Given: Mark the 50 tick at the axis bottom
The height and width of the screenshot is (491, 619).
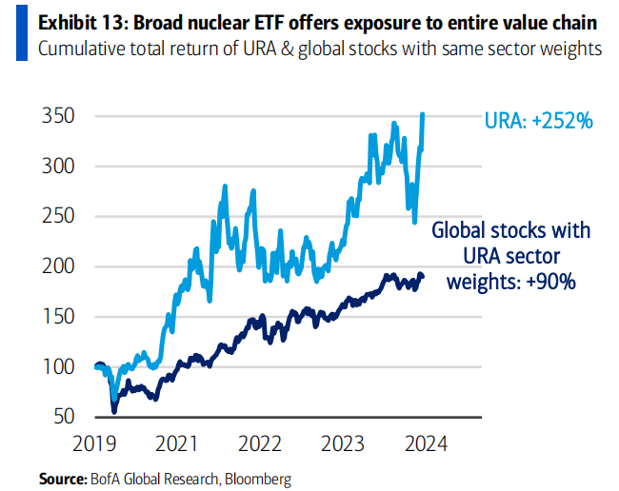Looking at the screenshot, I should [x=62, y=417].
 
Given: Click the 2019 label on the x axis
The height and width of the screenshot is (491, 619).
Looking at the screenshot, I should [x=94, y=444].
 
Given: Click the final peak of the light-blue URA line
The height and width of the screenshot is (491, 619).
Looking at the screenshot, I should [x=423, y=114].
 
